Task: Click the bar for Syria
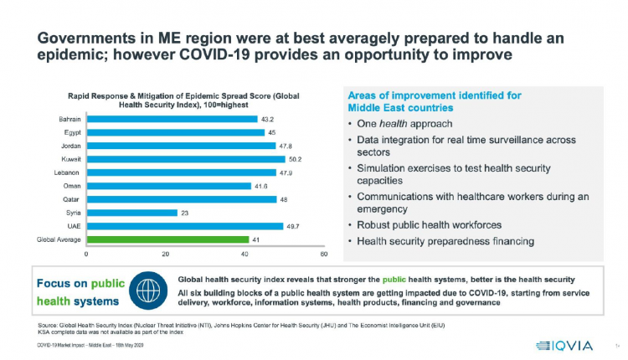coord(132,213)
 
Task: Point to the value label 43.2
coord(269,118)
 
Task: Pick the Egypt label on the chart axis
coord(73,131)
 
